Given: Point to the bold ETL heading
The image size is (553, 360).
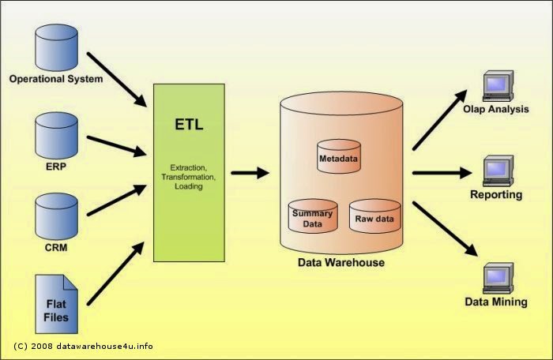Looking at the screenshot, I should tap(189, 125).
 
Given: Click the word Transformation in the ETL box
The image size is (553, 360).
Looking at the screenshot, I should tap(189, 178).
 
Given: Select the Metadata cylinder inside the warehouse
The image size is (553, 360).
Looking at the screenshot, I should tap(338, 156).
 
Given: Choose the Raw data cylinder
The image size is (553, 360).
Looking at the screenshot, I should tap(374, 215).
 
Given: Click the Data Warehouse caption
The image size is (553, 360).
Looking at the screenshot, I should tap(340, 262).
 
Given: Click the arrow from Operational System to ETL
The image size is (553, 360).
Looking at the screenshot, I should tap(117, 79).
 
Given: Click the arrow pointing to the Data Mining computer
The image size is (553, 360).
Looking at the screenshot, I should tap(445, 228).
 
